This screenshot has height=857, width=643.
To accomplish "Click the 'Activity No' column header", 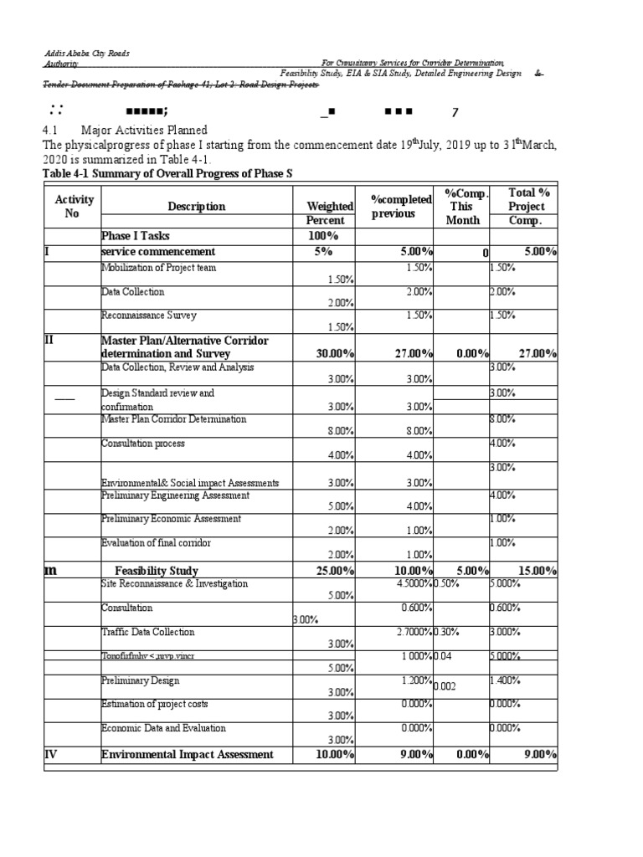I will click(x=74, y=206).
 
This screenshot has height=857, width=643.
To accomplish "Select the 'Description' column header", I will click(x=196, y=206).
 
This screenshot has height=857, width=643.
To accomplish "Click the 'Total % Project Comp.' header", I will click(x=526, y=206).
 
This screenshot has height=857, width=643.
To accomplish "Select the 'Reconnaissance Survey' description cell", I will click(x=148, y=316).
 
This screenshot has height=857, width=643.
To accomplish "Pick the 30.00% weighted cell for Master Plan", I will click(x=334, y=354).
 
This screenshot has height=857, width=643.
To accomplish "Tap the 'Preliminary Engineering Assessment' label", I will click(x=175, y=495).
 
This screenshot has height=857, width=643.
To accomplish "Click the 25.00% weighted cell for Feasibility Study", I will click(x=334, y=571).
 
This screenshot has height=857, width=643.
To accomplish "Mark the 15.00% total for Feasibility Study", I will click(x=537, y=571).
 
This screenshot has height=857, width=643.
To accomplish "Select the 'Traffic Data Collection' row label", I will click(x=147, y=632).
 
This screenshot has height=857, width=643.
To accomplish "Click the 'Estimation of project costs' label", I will click(x=152, y=703).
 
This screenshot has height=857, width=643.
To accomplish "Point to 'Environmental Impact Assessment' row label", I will click(x=187, y=754).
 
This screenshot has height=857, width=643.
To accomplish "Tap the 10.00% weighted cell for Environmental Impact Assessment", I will click(x=334, y=755).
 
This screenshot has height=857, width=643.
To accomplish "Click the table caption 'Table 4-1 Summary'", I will click(x=167, y=173).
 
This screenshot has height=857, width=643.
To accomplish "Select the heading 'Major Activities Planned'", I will click(x=143, y=131).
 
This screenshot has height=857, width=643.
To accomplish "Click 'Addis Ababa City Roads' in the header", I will click(x=86, y=53).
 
